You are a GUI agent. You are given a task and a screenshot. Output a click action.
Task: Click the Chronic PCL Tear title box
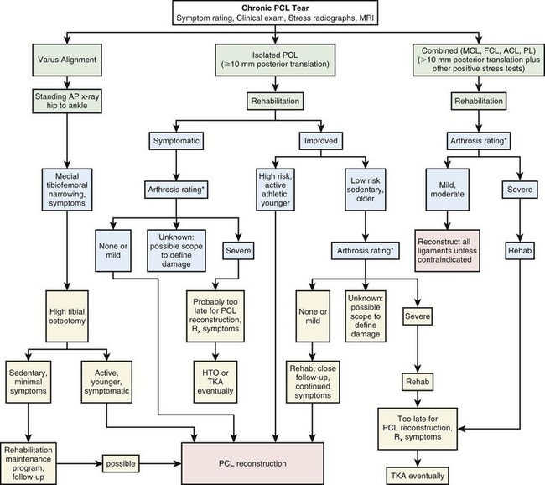coord(272,13)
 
